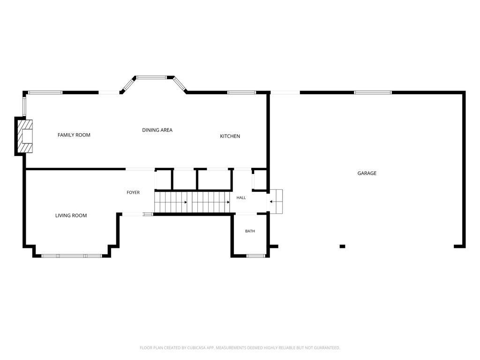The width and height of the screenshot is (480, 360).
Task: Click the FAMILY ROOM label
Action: (74, 135)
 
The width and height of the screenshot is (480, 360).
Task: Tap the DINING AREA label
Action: (157, 130)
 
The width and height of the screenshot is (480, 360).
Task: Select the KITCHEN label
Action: (230, 136)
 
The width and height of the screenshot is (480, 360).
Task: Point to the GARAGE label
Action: (367, 173)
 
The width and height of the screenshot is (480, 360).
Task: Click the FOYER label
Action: (133, 193)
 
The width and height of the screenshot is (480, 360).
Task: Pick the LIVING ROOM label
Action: (71, 216)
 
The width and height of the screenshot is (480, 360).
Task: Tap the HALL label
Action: (241, 198)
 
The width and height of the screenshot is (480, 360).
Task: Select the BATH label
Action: (250, 231)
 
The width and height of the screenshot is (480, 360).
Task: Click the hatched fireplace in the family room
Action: (25, 136)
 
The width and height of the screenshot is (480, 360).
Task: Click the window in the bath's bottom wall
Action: (256, 256)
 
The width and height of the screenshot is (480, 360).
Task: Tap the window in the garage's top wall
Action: (373, 92)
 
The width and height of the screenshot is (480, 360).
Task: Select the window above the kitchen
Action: (241, 92)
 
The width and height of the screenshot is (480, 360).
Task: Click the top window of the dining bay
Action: (151, 77)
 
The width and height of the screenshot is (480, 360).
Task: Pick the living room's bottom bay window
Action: (72, 256)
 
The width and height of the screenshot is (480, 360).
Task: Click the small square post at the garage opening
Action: (343, 247)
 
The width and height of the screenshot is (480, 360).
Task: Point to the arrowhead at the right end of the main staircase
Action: (228, 202)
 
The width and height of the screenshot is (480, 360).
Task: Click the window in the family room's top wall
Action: (45, 92)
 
